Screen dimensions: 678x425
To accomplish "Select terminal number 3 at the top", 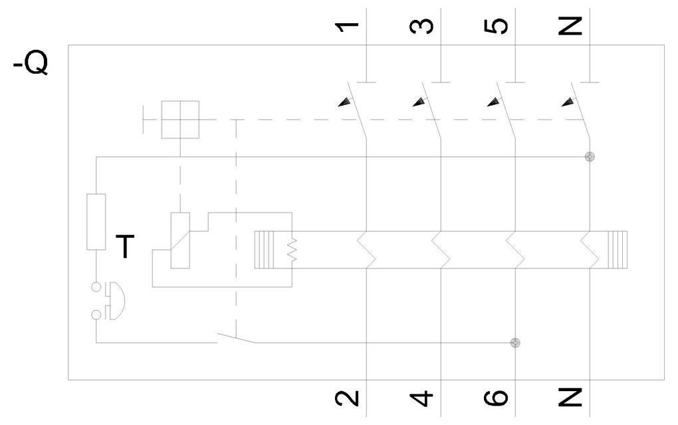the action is click(421, 27).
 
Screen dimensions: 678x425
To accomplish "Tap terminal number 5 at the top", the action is click(495, 27).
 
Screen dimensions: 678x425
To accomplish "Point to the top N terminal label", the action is click(570, 27).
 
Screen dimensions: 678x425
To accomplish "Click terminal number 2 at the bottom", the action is click(346, 398).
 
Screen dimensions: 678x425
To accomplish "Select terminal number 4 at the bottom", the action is click(421, 398).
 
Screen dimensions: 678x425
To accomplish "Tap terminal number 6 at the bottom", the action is click(495, 398).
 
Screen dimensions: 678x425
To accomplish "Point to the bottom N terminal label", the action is click(570, 397).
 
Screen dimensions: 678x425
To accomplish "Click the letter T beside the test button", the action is click(126, 246).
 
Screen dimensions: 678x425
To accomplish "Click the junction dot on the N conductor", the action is click(590, 157).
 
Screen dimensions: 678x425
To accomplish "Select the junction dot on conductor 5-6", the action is click(515, 343).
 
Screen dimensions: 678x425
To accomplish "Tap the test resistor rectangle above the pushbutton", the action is click(96, 222).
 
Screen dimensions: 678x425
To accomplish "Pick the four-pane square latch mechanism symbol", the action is click(180, 120).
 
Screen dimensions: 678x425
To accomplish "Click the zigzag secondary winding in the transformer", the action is click(292, 249).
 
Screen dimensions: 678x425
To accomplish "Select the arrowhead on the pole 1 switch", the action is click(344, 102).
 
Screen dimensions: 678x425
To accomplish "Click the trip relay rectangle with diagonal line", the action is click(180, 240).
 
